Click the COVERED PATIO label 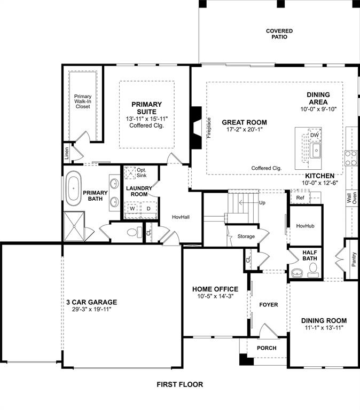[279, 34]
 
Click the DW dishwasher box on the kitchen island [315, 136]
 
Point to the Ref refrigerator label [300, 198]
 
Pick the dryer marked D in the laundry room [148, 209]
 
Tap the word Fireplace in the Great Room [209, 128]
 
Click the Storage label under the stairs [246, 236]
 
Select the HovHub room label [305, 226]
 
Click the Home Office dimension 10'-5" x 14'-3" [215, 297]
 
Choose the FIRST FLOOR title [179, 384]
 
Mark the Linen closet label [67, 154]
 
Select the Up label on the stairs [262, 203]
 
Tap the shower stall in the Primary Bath [74, 226]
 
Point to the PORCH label [267, 348]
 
